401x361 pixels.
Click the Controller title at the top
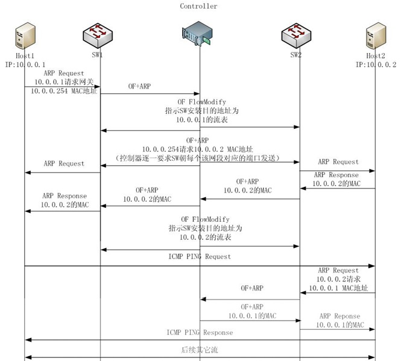tap(198, 6)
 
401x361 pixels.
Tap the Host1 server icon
tap(24, 36)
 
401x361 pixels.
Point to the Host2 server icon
tap(375, 36)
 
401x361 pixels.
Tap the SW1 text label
tap(98, 55)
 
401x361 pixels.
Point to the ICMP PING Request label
tap(200, 256)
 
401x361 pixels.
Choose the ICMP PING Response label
tap(200, 333)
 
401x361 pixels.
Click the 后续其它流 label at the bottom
tap(200, 350)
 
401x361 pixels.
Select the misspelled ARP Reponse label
tap(339, 316)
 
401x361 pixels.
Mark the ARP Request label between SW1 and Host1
tap(64, 163)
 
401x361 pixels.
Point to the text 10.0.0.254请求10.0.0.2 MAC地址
tap(199, 149)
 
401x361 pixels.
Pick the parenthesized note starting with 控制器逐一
tap(199, 157)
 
